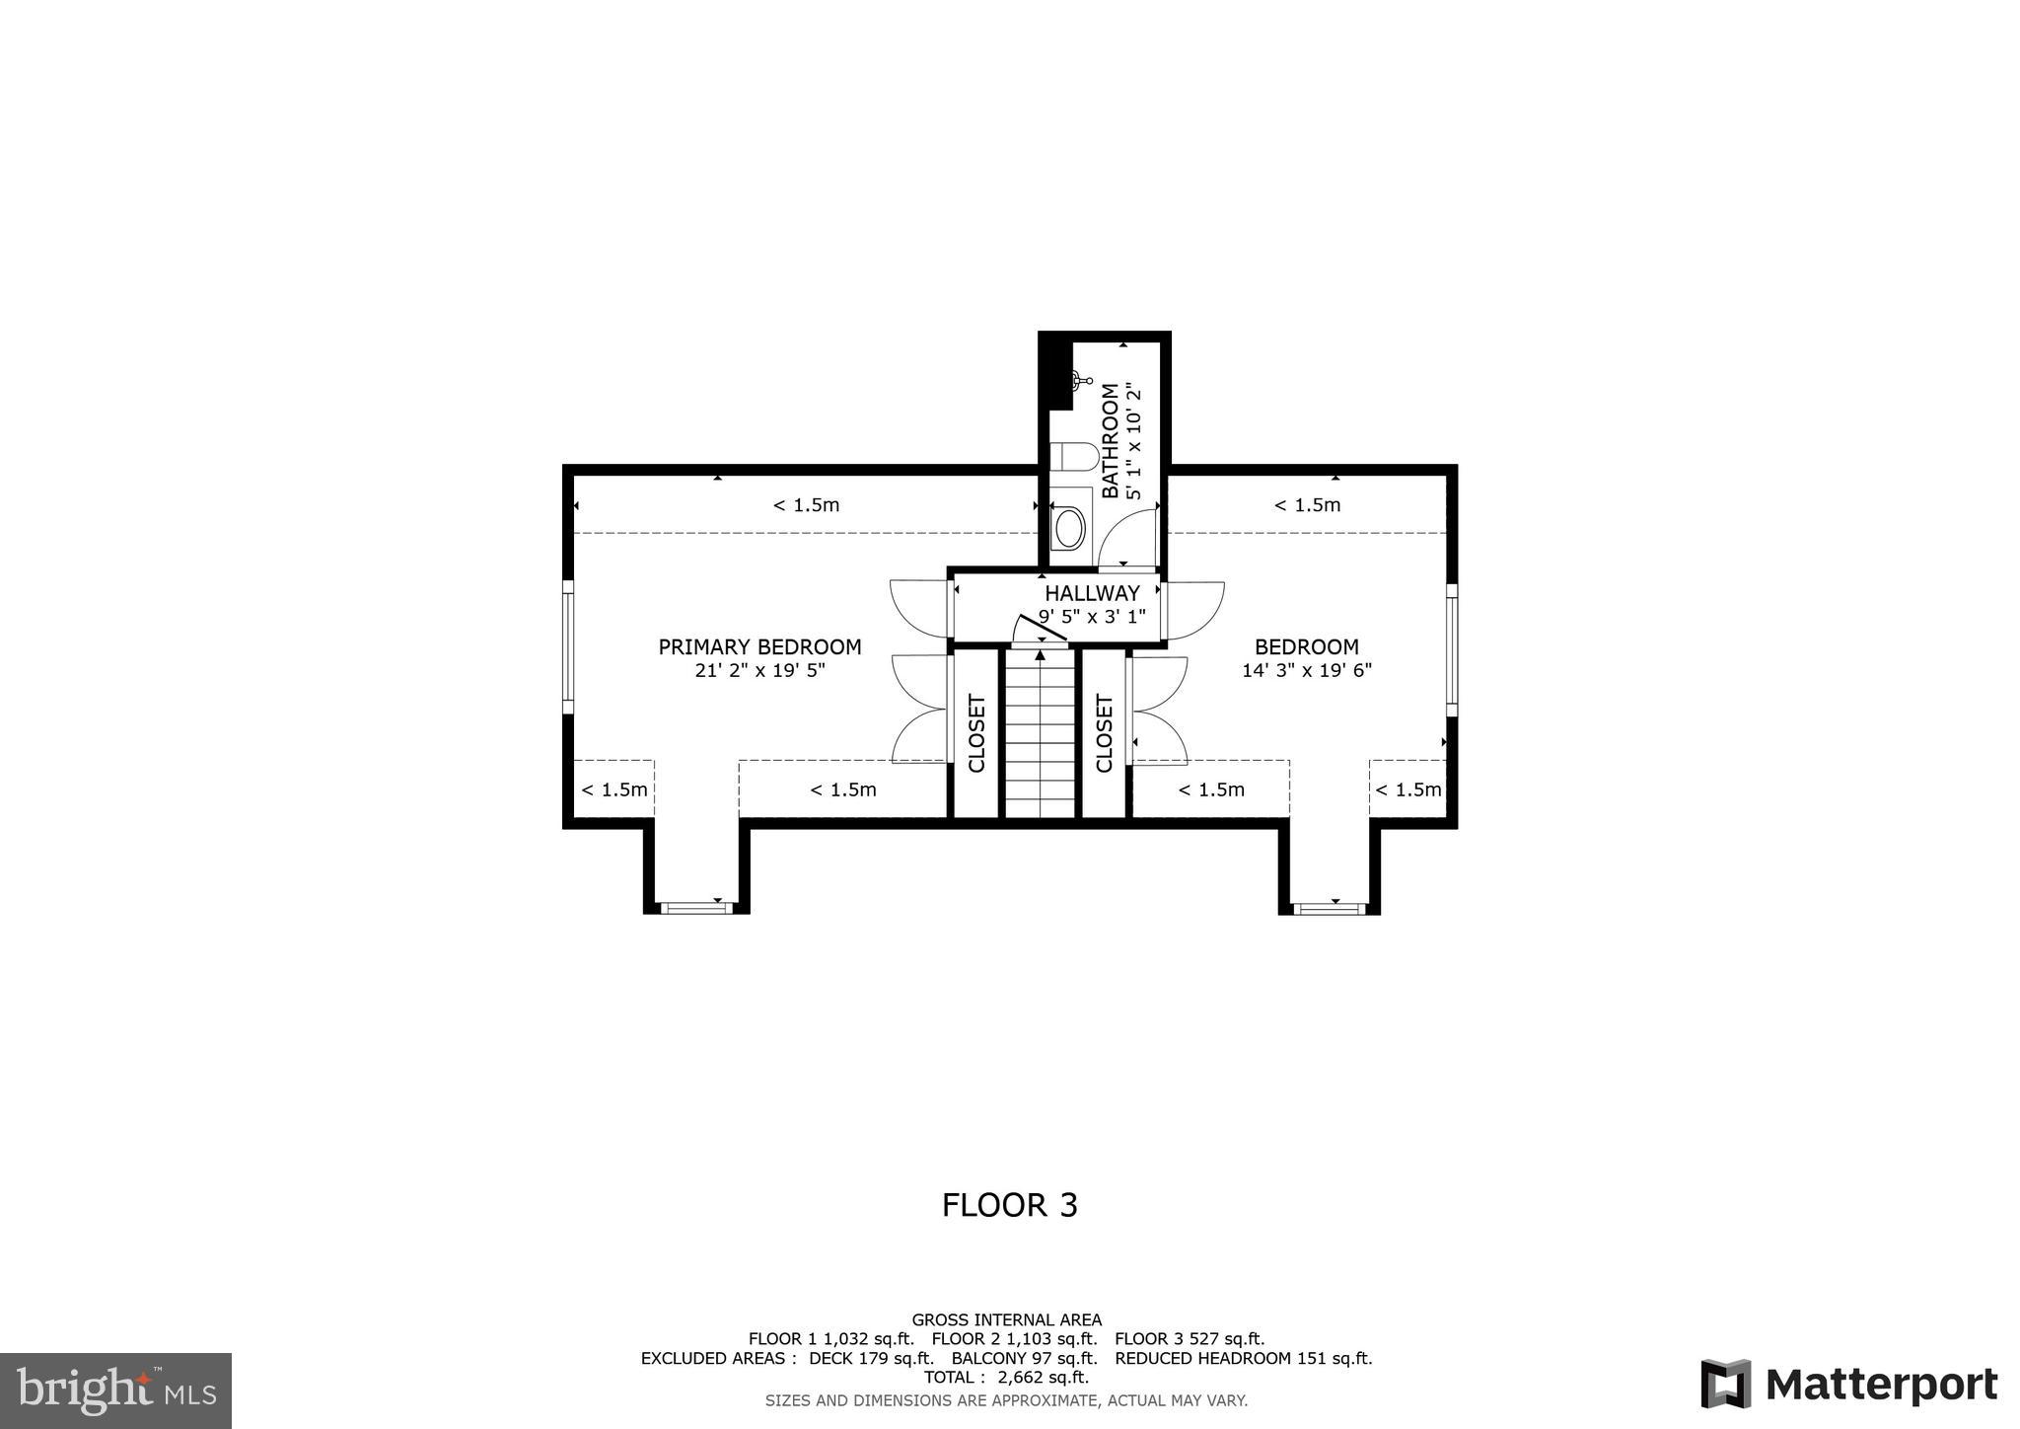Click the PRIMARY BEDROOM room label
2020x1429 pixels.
click(x=759, y=647)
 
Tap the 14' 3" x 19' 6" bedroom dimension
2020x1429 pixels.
click(x=1307, y=671)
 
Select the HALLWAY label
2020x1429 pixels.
click(x=1092, y=593)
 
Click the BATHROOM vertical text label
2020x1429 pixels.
click(x=1111, y=441)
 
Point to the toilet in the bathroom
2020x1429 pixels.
click(x=1073, y=457)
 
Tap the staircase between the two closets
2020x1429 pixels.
click(x=1040, y=735)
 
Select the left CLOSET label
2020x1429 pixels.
click(x=976, y=734)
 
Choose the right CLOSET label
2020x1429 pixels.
click(x=1104, y=734)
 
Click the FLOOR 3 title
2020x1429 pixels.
click(x=1009, y=1205)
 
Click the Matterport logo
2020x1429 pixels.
click(x=1848, y=1385)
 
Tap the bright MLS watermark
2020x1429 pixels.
click(x=115, y=1391)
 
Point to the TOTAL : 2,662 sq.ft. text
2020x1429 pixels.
click(x=1006, y=1378)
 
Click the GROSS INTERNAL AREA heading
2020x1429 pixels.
click(x=1006, y=1319)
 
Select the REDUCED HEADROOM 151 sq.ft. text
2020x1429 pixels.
click(x=1243, y=1358)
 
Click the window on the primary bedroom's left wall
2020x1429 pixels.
click(x=568, y=646)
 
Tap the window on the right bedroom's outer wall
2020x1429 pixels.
click(x=1452, y=649)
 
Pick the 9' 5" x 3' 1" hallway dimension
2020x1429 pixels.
click(x=1092, y=617)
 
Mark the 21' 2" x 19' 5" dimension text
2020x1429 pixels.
click(x=759, y=671)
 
